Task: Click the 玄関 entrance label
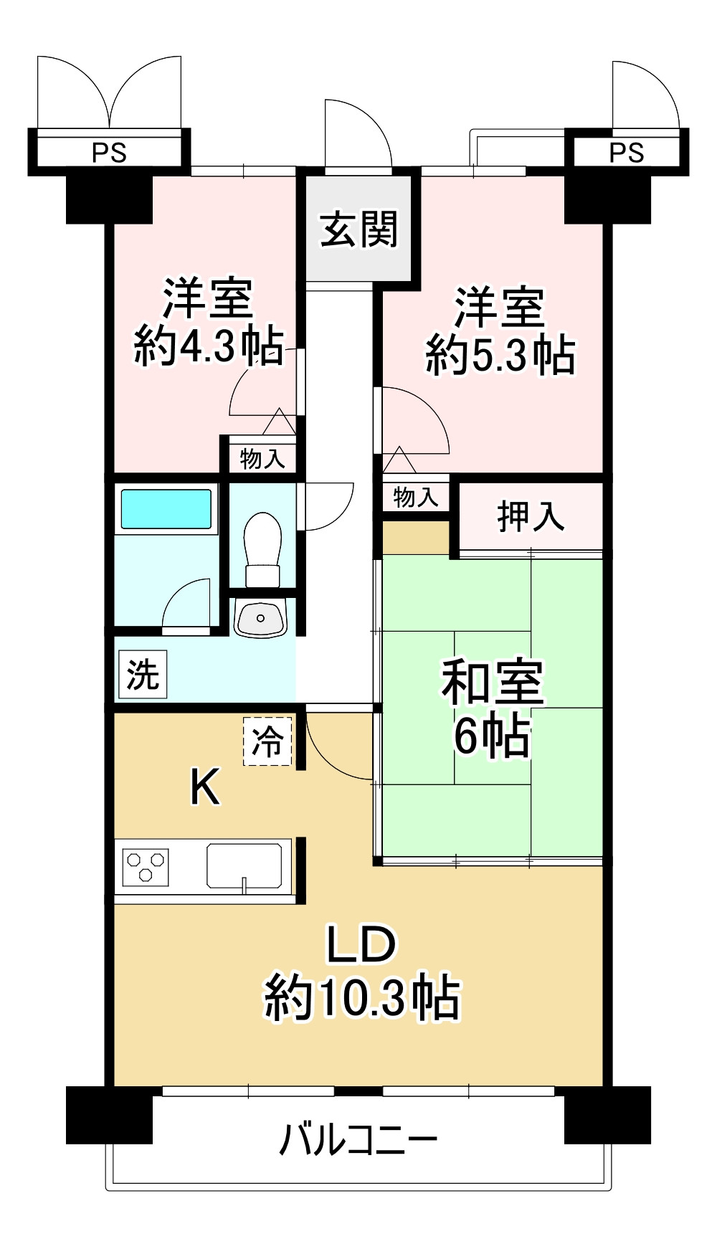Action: point(358,229)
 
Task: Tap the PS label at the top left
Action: point(109,153)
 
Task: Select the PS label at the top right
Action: point(627,153)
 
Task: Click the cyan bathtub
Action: point(166,509)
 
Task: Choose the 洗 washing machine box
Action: point(143,674)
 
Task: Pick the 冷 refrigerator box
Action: point(267,741)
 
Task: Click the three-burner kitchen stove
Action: point(146,867)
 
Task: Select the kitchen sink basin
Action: point(244,866)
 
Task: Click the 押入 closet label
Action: point(531,516)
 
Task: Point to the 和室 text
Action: point(493,683)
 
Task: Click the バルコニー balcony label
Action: point(358,1139)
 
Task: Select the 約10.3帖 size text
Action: point(362,997)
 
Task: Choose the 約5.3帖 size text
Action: point(500,354)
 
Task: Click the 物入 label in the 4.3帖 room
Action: point(262,458)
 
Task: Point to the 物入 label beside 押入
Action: point(416,497)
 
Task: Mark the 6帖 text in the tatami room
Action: point(493,736)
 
